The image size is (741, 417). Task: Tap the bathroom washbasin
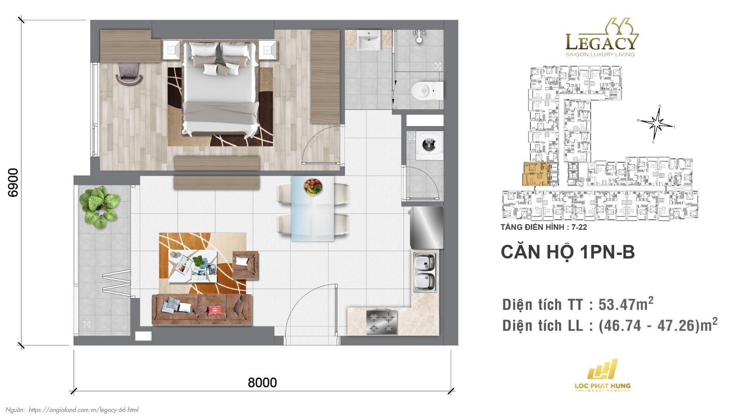pos(369,40)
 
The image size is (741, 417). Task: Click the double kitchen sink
pos(425,272)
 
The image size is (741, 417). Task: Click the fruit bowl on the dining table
pos(313,187)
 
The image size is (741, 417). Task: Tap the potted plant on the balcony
pos(99,207)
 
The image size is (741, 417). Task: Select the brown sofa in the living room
pos(202,309)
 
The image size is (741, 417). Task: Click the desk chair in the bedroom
pos(128,74)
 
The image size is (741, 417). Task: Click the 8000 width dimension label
pos(262,382)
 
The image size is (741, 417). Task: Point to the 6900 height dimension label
pos(13,182)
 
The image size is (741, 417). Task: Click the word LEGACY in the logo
pos(601,43)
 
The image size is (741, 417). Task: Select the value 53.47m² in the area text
pos(626,304)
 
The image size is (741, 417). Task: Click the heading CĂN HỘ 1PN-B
pos(567,252)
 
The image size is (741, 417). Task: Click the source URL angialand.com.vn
pos(83,410)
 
